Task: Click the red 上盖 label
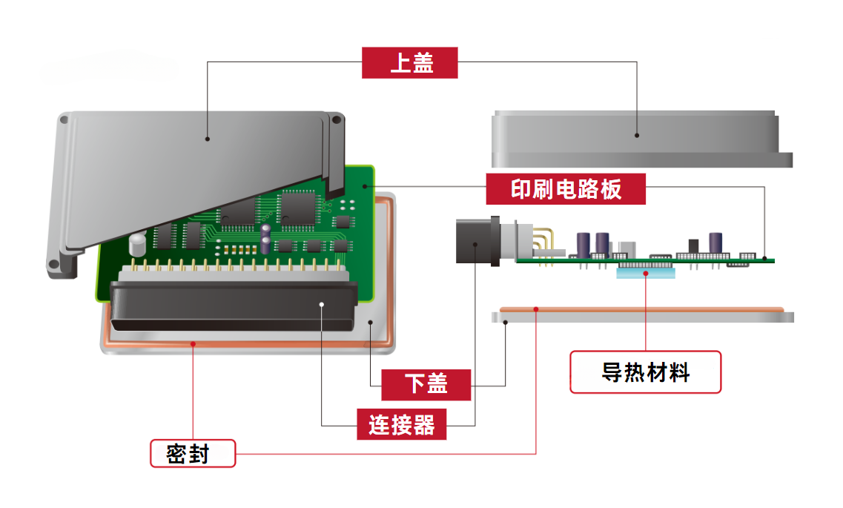(x=410, y=63)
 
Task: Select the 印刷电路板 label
(x=566, y=189)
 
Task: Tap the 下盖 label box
(x=426, y=385)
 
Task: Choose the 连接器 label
(x=401, y=425)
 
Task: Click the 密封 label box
(x=193, y=453)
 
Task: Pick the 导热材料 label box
(x=645, y=372)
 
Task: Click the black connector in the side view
(x=475, y=241)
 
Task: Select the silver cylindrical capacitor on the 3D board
(x=137, y=245)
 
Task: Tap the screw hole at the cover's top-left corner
(x=65, y=119)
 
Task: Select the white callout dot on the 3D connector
(x=322, y=303)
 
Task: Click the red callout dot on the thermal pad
(x=647, y=274)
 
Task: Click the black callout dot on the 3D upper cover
(x=208, y=138)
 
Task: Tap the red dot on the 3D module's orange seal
(x=193, y=343)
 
